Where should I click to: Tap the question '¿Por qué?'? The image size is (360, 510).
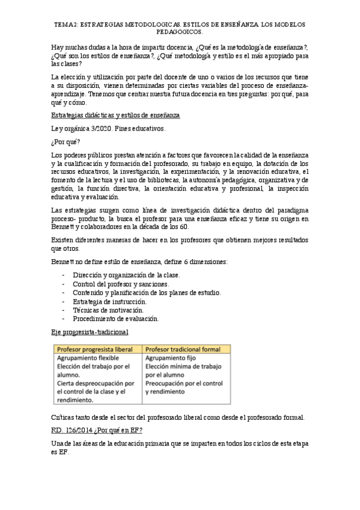(63, 143)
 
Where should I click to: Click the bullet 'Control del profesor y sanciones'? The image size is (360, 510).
(120, 284)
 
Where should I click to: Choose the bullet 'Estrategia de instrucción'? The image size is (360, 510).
(109, 301)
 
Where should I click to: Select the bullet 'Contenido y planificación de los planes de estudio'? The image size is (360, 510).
(147, 293)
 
